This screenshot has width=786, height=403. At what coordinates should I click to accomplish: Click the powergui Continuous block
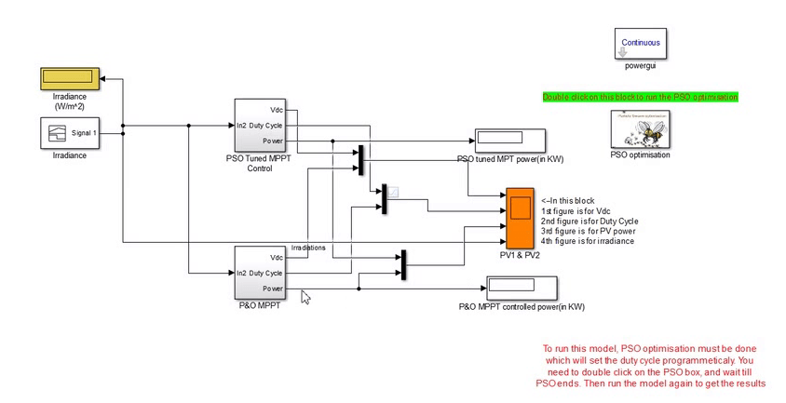click(x=640, y=43)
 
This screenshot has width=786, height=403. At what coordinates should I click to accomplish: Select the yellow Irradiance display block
click(x=69, y=78)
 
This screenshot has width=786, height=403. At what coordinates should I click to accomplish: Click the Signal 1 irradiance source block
click(x=69, y=133)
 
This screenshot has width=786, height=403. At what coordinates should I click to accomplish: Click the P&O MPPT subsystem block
click(x=259, y=273)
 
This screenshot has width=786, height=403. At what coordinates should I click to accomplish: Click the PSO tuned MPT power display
click(x=509, y=141)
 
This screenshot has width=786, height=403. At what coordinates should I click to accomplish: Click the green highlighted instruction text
click(x=640, y=97)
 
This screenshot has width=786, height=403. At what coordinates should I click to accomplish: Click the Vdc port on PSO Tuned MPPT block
click(x=276, y=109)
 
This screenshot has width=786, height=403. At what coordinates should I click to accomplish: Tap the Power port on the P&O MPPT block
click(x=273, y=289)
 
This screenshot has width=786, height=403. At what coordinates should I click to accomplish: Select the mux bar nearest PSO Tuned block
click(x=359, y=158)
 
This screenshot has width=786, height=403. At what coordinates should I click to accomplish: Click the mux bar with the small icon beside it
click(x=383, y=198)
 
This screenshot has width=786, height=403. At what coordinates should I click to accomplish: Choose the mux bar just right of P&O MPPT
click(x=402, y=263)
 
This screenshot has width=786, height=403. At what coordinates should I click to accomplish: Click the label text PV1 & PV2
click(x=520, y=254)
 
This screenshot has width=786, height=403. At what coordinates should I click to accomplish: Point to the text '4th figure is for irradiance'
click(x=588, y=241)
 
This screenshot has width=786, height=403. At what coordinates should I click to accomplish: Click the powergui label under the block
click(x=642, y=66)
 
